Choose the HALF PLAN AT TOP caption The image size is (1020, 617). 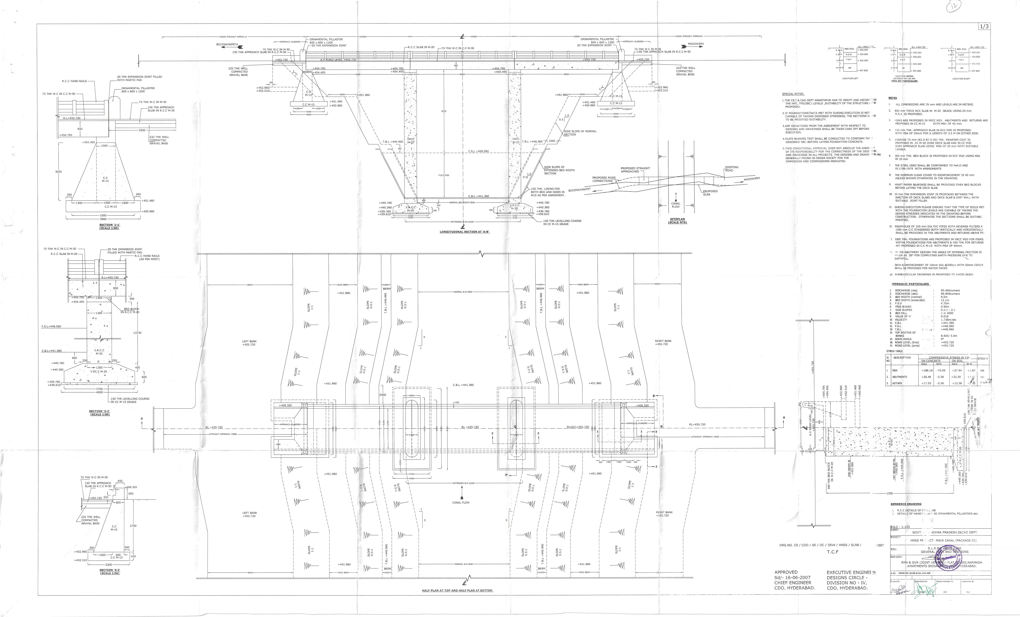(457, 590)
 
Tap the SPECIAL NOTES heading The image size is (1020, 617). (793, 94)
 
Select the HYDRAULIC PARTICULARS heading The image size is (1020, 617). (910, 284)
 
